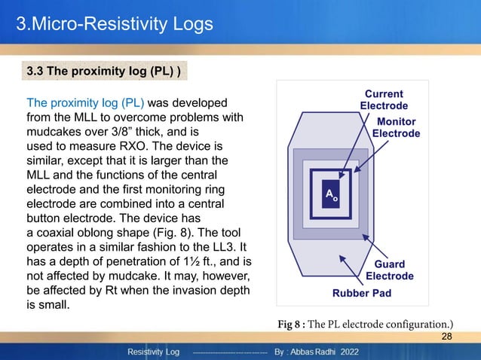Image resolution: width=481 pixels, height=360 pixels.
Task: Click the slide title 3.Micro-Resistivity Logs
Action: click(115, 25)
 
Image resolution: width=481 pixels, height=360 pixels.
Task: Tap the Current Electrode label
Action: click(384, 99)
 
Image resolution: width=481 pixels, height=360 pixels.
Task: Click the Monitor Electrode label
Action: click(397, 127)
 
